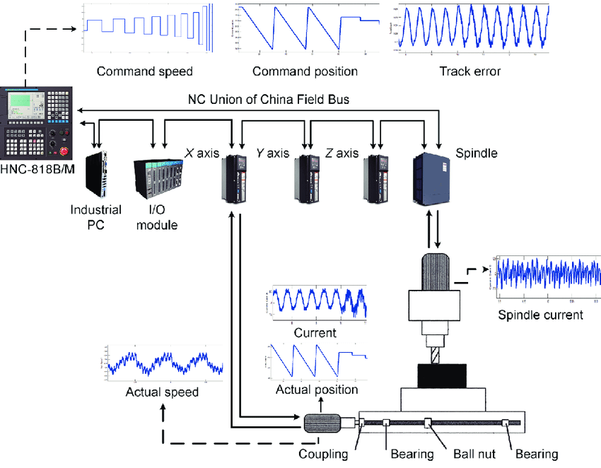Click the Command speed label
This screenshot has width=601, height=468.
pos(144,71)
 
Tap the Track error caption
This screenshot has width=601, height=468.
pos(469,71)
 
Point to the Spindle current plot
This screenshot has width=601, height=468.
pos(545,276)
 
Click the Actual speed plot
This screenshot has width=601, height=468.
pos(163,362)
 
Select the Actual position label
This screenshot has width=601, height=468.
pos(317,390)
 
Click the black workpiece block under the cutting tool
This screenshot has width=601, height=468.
pos(442,375)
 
